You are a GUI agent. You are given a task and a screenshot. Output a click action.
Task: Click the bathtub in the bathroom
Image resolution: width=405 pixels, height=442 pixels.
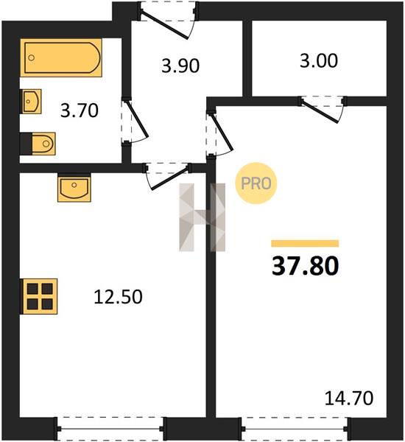(x=61, y=57)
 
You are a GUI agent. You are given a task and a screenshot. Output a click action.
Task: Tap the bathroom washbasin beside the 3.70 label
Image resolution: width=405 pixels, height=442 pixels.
(x=31, y=101)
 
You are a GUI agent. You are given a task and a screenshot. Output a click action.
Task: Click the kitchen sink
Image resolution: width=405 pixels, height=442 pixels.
(x=74, y=187)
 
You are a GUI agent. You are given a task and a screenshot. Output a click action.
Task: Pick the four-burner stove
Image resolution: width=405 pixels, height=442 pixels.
(x=39, y=296)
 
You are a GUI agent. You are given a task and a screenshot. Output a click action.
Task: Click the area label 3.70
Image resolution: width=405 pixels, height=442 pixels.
(x=80, y=110)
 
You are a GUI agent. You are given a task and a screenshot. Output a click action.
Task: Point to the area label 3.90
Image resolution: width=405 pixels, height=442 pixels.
(x=180, y=66)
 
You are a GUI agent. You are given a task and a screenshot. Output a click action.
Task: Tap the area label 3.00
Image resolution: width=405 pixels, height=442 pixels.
(x=318, y=60)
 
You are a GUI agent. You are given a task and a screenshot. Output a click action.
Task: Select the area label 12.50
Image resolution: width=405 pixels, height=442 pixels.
(x=118, y=297)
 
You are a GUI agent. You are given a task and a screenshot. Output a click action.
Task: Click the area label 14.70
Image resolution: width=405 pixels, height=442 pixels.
(x=349, y=398)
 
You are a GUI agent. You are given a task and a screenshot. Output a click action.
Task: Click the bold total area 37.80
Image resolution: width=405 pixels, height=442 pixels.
(x=306, y=266)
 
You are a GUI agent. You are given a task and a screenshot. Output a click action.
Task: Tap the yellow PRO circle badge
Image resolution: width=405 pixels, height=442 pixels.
(x=256, y=183)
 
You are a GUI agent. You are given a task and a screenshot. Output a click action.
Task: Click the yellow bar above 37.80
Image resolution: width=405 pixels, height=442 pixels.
(x=305, y=243)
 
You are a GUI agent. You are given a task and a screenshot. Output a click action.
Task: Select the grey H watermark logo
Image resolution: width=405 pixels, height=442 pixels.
(x=202, y=217)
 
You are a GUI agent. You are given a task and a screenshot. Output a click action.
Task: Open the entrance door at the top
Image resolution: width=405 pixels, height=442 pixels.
(x=168, y=20)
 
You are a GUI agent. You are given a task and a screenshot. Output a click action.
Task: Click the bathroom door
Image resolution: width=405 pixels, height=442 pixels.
(x=135, y=122)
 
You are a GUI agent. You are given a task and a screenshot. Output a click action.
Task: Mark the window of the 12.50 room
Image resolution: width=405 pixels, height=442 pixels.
(x=110, y=429)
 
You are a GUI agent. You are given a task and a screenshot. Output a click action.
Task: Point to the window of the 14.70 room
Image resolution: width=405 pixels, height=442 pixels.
(x=296, y=429)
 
